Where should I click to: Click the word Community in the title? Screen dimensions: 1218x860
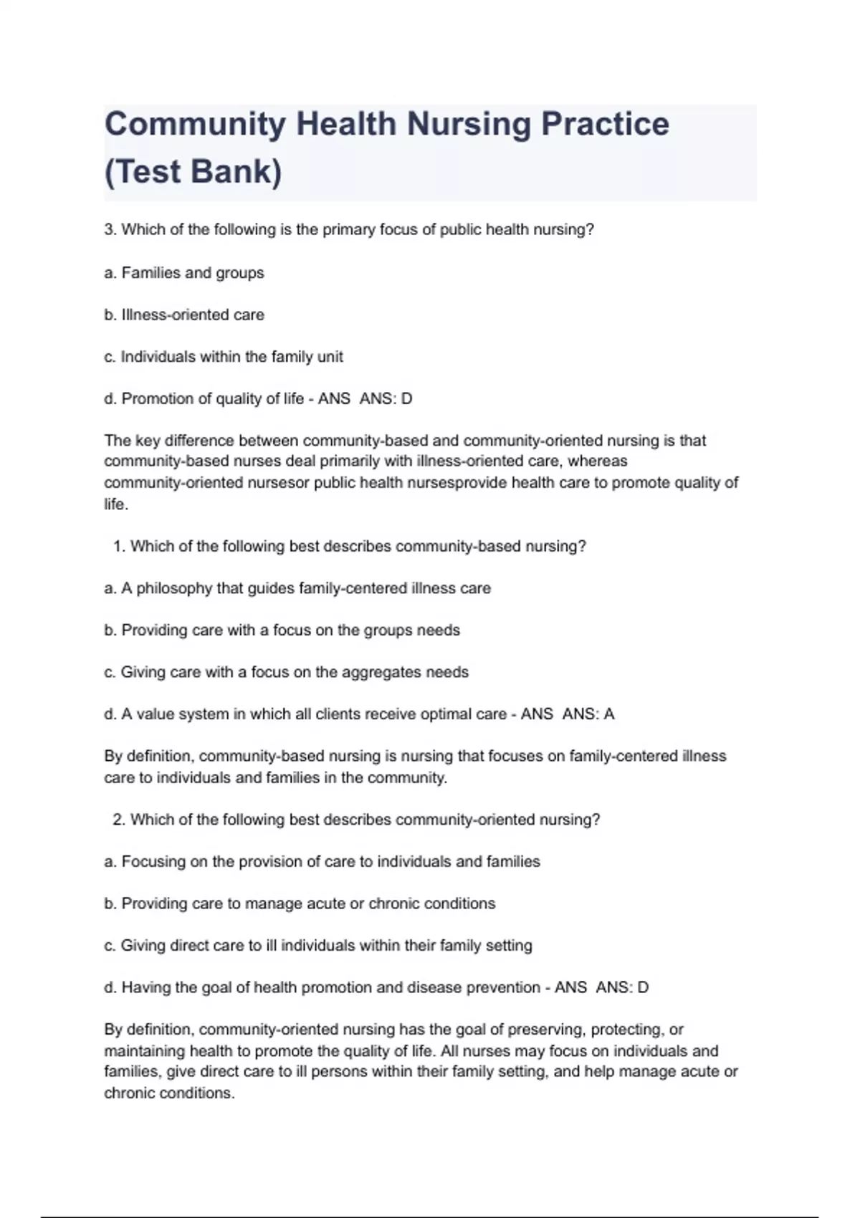pyautogui.click(x=195, y=125)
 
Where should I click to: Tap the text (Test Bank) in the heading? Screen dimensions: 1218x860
pyautogui.click(x=193, y=172)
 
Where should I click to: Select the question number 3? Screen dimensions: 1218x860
pyautogui.click(x=110, y=230)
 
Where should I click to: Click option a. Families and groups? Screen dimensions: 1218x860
pyautogui.click(x=184, y=273)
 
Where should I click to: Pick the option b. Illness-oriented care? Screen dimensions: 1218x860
pyautogui.click(x=184, y=315)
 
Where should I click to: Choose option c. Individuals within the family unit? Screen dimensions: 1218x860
pyautogui.click(x=224, y=357)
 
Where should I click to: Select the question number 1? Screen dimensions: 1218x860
pyautogui.click(x=118, y=547)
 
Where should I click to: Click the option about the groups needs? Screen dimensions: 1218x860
pyautogui.click(x=282, y=630)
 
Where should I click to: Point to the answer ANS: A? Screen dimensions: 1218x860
pyautogui.click(x=588, y=714)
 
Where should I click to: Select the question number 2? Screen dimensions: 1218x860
pyautogui.click(x=118, y=820)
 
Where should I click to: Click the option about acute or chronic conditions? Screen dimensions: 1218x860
pyautogui.click(x=300, y=904)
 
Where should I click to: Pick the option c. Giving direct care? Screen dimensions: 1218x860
pyautogui.click(x=317, y=946)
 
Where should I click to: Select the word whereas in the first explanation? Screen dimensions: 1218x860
pyautogui.click(x=597, y=461)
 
